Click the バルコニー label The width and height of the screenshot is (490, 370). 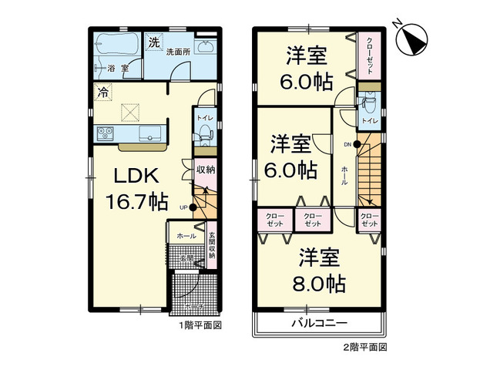click(319, 324)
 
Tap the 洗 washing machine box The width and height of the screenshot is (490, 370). click(154, 42)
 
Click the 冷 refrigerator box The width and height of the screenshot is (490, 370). click(102, 92)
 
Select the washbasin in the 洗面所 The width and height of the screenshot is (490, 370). click(206, 48)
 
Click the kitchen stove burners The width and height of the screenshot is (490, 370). click(105, 135)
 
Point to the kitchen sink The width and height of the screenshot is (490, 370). click(149, 134)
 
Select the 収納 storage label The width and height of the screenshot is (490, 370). click(204, 170)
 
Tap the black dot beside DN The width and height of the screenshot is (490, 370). click(358, 144)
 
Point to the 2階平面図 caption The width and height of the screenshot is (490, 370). click(365, 348)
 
